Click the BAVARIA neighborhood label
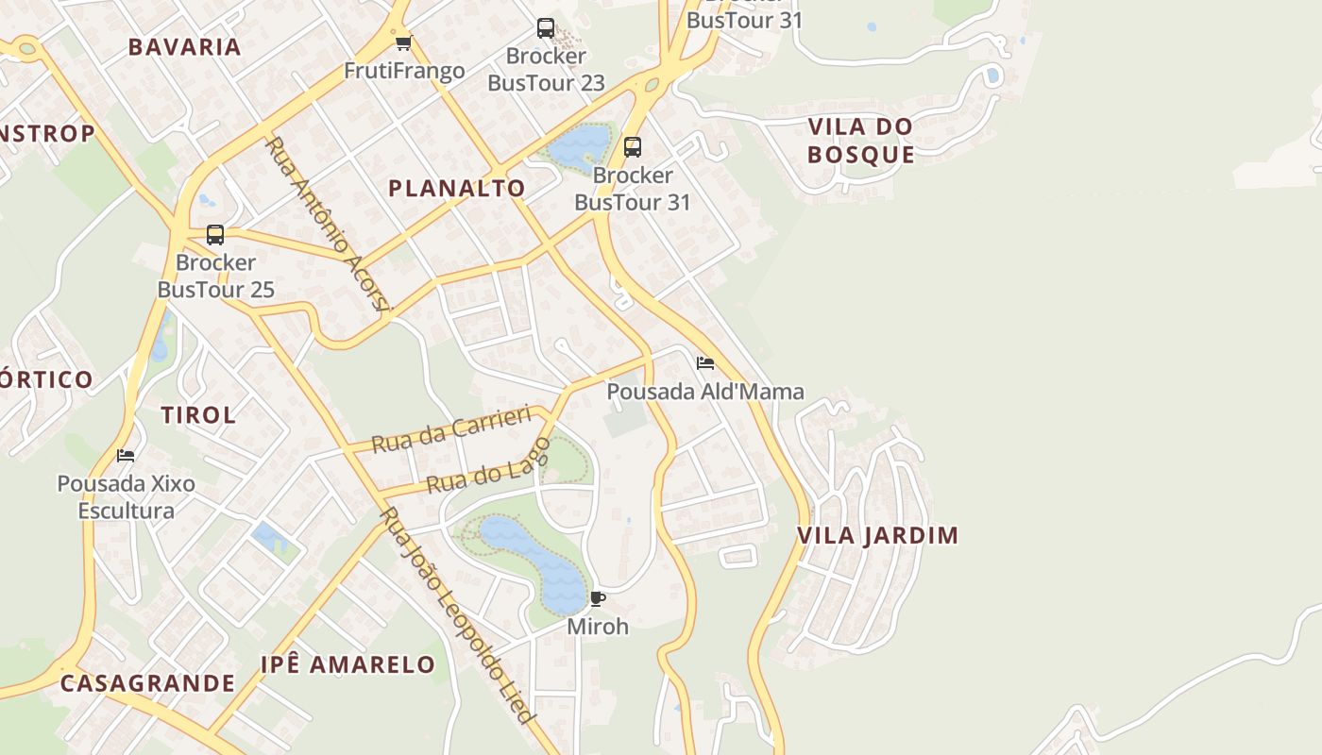point(185,47)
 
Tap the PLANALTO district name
point(457,188)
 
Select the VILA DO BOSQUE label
point(861,141)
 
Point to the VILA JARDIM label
point(878,535)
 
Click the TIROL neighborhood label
point(198,414)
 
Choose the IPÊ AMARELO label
point(348,664)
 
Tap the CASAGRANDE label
point(147,683)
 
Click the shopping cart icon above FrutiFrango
point(404,42)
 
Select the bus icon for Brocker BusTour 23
point(546,28)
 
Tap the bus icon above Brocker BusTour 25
point(215,234)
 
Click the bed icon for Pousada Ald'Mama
point(705,363)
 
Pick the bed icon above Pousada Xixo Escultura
point(126,456)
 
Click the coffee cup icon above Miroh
point(598,598)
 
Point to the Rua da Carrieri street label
point(452,429)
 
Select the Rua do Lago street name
point(487,467)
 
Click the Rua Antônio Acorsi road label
point(329,223)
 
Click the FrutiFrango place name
point(404,71)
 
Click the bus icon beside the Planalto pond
point(633,147)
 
